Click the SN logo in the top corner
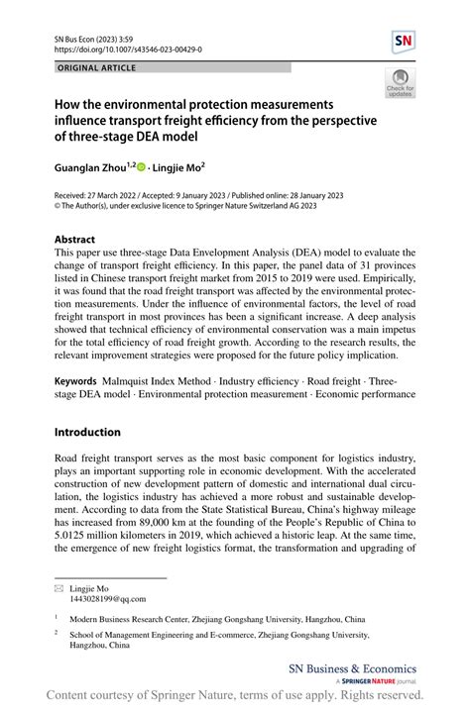[403, 41]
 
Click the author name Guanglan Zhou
[93, 169]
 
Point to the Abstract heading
[74, 240]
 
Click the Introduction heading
[87, 432]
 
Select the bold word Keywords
[75, 380]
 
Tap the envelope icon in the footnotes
[59, 588]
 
